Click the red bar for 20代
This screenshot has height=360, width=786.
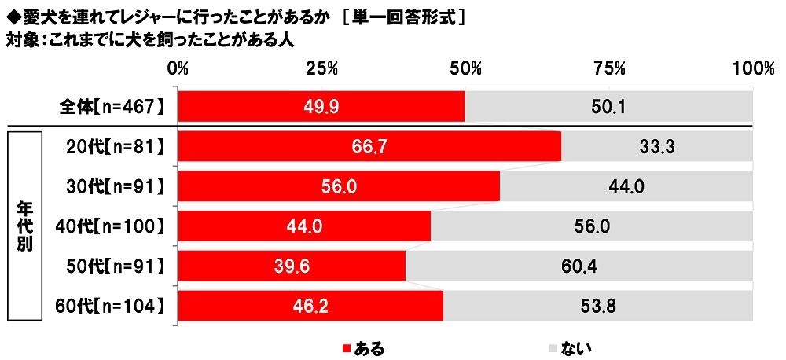pyautogui.click(x=369, y=146)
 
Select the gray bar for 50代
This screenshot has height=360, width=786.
pyautogui.click(x=578, y=266)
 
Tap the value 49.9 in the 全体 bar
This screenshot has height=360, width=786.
pyautogui.click(x=321, y=106)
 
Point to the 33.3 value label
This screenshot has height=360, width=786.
pyautogui.click(x=657, y=146)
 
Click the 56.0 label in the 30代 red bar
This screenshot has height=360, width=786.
pyautogui.click(x=339, y=186)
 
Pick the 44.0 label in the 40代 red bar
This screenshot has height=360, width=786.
pyautogui.click(x=304, y=226)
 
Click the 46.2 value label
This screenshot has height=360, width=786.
pyautogui.click(x=310, y=307)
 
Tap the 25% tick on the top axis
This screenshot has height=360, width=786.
pyautogui.click(x=321, y=69)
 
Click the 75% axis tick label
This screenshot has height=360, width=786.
pyautogui.click(x=609, y=69)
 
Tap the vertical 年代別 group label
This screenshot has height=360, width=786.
pyautogui.click(x=24, y=226)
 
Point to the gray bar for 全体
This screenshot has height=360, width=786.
pyautogui.click(x=608, y=106)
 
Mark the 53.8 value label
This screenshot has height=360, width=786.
pyautogui.click(x=598, y=307)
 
